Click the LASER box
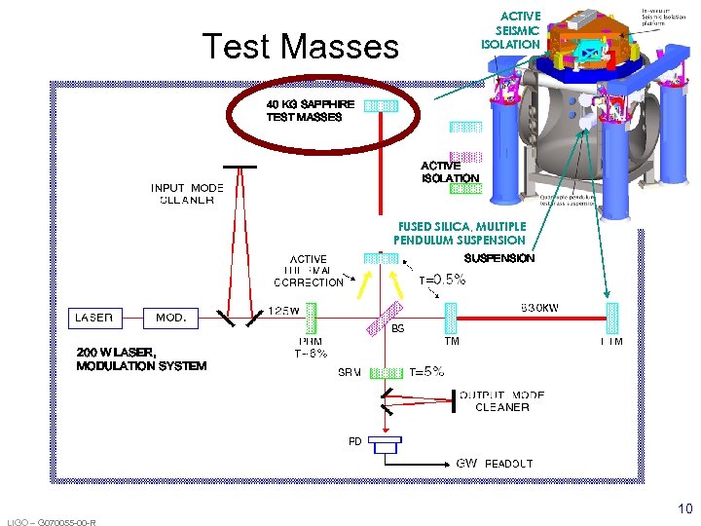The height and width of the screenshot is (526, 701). pos(95,318)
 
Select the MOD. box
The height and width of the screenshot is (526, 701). pos(170,318)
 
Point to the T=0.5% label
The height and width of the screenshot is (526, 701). pos(442,280)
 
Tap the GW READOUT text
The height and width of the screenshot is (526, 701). pos(495,464)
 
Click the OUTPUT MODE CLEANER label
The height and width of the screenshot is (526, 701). pos(501,401)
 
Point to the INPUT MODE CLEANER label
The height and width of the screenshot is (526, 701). pos(187,194)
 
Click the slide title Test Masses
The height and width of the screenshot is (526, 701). pos(300,46)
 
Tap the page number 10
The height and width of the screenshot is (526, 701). pos(684,508)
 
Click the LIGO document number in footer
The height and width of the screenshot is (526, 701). pos(51,522)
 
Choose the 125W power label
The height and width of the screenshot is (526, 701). pos(284,310)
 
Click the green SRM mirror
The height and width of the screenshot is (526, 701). pos(387,371)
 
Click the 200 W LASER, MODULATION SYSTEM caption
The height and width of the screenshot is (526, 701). pos(141,358)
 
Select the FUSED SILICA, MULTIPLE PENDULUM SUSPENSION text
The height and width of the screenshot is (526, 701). pos(459,233)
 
